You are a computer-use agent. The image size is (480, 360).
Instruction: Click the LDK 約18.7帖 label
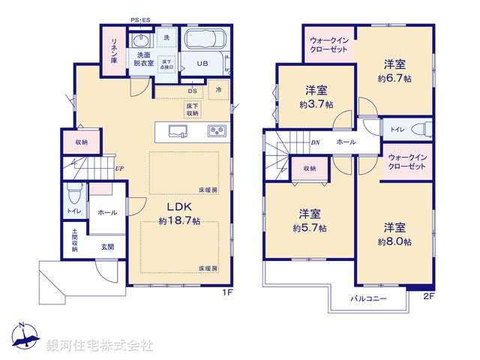[179, 213]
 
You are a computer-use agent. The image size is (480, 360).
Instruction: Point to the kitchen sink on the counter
[178, 132]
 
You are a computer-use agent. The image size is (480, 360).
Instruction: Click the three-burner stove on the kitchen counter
[217, 132]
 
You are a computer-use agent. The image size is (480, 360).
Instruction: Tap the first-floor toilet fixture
[73, 196]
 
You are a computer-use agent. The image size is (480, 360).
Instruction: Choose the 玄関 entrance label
[106, 247]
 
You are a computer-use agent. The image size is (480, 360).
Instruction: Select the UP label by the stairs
[120, 168]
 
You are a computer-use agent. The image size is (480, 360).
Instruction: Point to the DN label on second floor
[315, 142]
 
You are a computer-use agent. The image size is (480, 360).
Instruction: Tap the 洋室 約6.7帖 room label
[394, 70]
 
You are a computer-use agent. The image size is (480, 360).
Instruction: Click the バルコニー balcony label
[368, 298]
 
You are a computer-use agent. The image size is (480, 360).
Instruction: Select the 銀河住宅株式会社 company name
[100, 345]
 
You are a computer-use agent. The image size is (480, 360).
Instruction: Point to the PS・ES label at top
[139, 19]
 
